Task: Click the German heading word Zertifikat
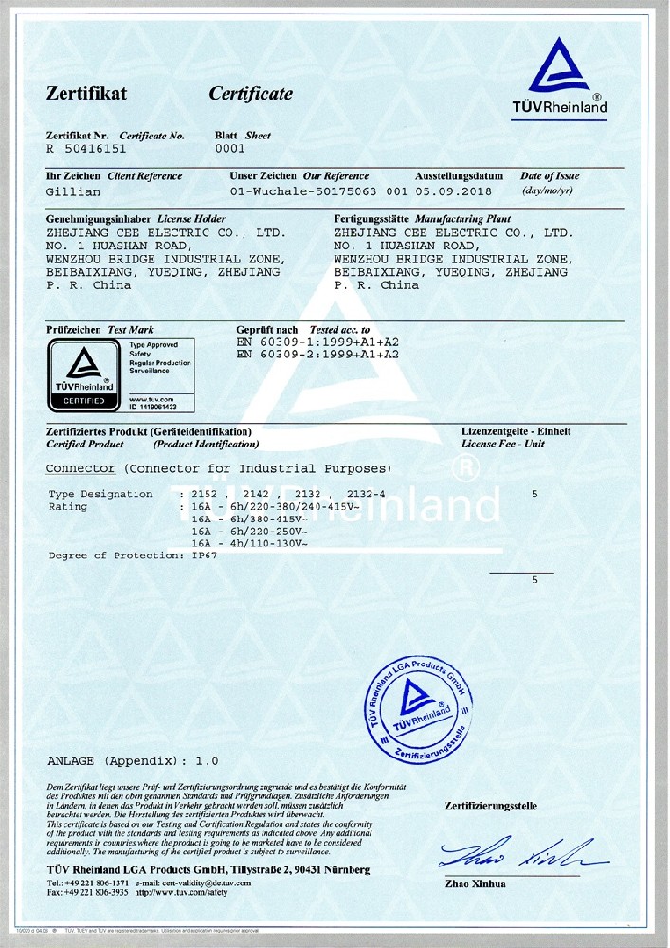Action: pyautogui.click(x=86, y=94)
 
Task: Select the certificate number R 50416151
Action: pyautogui.click(x=86, y=150)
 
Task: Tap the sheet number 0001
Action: pyautogui.click(x=230, y=149)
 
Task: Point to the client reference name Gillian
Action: pyautogui.click(x=73, y=191)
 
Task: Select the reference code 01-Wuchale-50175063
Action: pyautogui.click(x=304, y=191)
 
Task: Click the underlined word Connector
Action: pyautogui.click(x=80, y=469)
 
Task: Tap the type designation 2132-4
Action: pyautogui.click(x=367, y=494)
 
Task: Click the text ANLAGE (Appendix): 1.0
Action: pyautogui.click(x=133, y=761)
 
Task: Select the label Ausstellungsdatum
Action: pyautogui.click(x=459, y=176)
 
